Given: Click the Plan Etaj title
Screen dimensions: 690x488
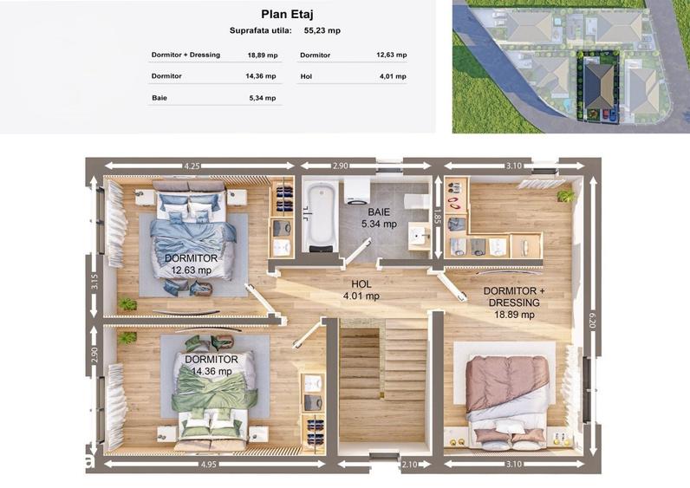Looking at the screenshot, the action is (x=287, y=14).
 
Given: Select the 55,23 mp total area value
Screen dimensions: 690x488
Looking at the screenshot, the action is (x=322, y=31).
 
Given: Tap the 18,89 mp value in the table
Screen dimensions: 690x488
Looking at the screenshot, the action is (x=263, y=55).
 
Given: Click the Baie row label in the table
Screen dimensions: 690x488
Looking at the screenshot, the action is (x=159, y=98).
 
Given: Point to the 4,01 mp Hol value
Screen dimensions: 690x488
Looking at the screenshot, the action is (x=393, y=76).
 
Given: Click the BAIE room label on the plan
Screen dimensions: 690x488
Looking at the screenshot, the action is (x=379, y=212).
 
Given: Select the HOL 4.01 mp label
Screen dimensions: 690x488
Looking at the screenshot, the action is (x=361, y=290).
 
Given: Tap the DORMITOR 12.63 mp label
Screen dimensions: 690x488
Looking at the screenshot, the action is (x=191, y=264).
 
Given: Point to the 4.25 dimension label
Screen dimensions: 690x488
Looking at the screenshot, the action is (x=192, y=166).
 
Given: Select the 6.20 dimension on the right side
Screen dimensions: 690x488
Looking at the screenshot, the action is (x=592, y=319).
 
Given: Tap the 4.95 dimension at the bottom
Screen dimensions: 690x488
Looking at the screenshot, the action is (x=208, y=465).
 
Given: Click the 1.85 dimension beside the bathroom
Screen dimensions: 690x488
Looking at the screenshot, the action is (x=437, y=217).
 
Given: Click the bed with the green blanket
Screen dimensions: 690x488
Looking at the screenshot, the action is (x=214, y=393).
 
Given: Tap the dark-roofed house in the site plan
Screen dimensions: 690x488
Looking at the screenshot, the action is (x=599, y=87).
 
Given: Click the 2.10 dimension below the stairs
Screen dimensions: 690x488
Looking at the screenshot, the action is (x=410, y=465).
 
